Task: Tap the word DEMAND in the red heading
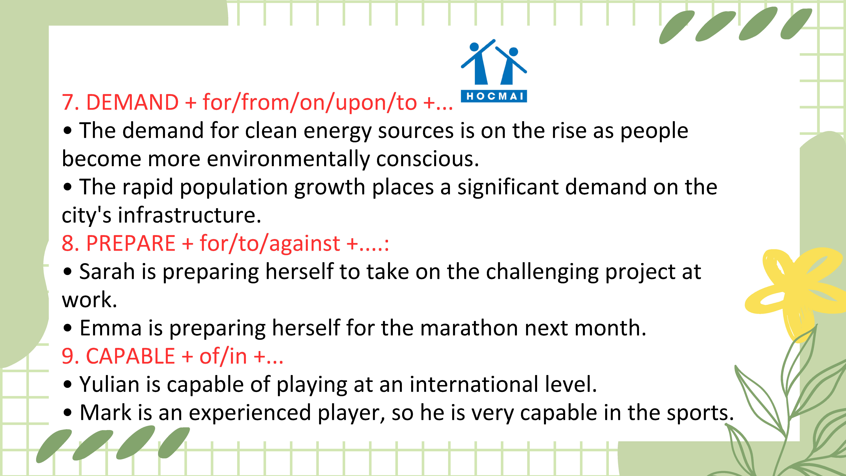[x=132, y=102]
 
